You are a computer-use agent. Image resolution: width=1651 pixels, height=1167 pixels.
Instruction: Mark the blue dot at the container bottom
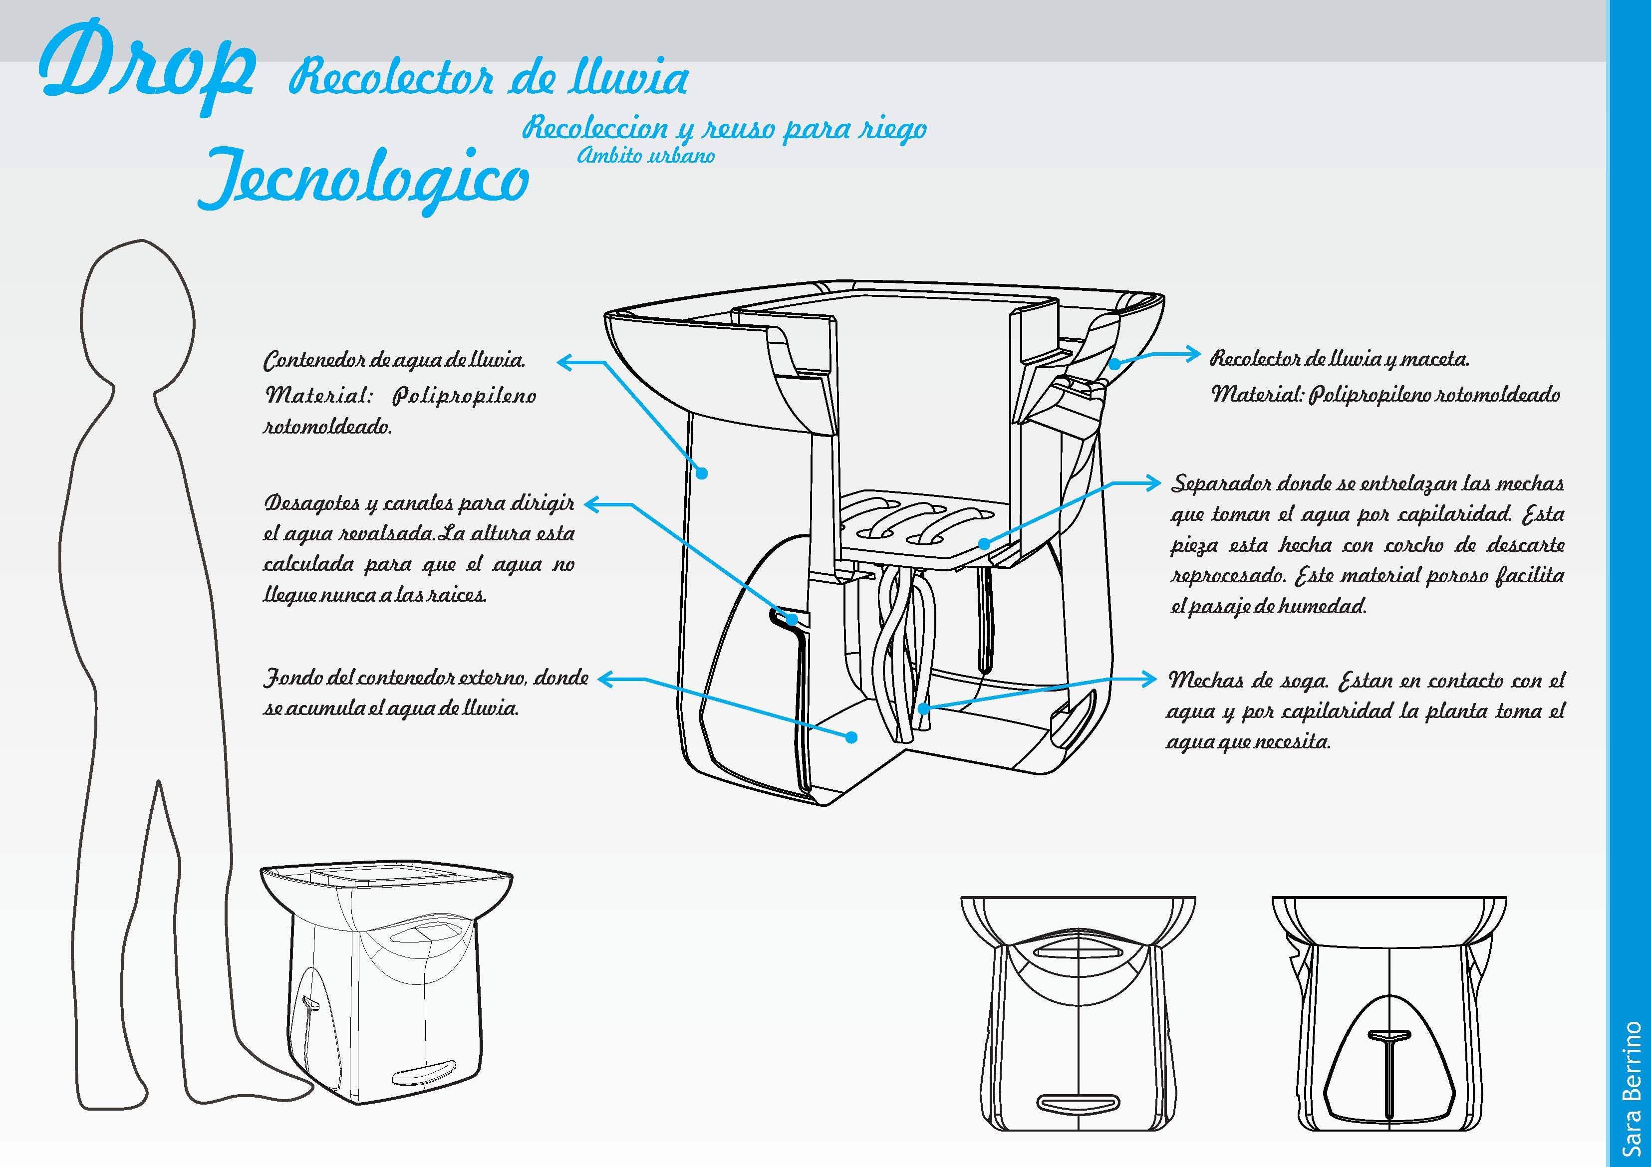[x=851, y=737]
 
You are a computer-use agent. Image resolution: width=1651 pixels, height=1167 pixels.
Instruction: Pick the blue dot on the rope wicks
[x=923, y=709]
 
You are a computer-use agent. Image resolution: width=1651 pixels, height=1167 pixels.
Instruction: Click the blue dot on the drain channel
[x=792, y=618]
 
